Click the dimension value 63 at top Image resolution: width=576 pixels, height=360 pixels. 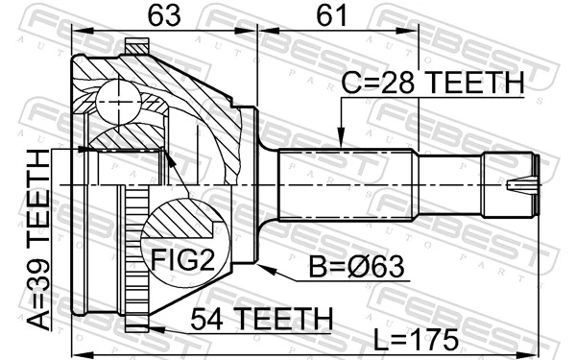pos(162,15)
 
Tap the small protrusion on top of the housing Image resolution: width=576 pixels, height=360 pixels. pos(139,44)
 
